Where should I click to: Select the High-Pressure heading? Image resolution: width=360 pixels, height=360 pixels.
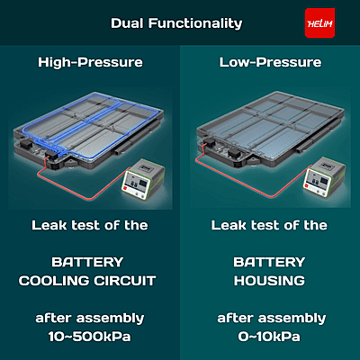pos(89,62)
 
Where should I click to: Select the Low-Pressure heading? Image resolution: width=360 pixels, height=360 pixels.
pos(270,62)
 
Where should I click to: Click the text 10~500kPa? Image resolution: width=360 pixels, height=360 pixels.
pos(89,337)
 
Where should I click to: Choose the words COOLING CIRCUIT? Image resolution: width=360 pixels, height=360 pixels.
pos(89,281)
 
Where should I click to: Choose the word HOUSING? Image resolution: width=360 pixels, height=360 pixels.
pos(269,281)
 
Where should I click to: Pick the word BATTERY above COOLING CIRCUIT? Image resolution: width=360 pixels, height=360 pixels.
pos(89,262)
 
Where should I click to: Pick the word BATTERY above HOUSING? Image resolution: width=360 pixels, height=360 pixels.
pos(269,262)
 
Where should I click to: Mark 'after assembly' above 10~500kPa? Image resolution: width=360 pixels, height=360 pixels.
pos(89,319)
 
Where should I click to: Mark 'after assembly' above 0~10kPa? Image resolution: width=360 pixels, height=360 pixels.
pos(269,319)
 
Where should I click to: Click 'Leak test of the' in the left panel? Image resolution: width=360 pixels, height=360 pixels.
pos(89,225)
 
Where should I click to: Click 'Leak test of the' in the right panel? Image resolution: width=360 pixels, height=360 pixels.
pos(269,225)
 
